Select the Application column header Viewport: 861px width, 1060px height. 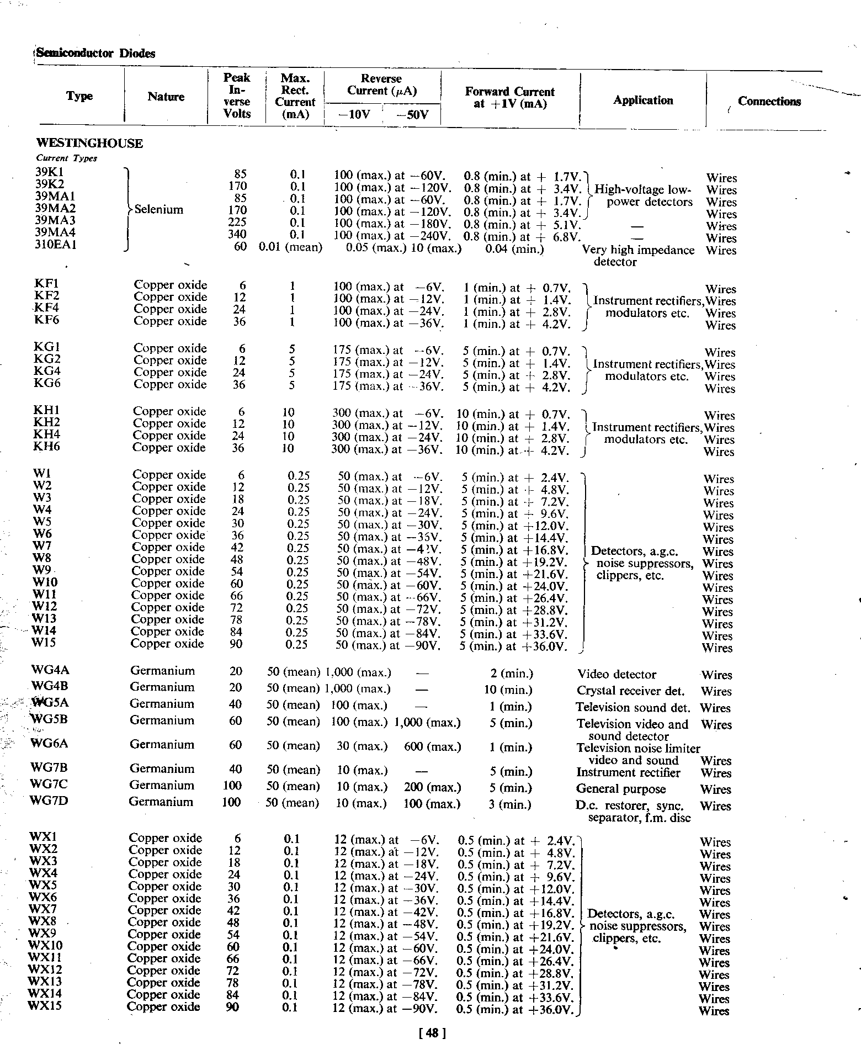coord(643,100)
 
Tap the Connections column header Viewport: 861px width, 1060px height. coord(769,102)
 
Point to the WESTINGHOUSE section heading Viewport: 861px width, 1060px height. coord(89,144)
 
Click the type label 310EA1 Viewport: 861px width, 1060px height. coord(56,245)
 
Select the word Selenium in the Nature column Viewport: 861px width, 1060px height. coord(159,210)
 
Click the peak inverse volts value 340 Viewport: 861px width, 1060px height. coord(237,234)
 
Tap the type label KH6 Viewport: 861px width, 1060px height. coord(46,447)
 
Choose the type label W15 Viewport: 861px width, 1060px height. coord(44,643)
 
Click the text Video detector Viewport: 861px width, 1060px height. coord(616,675)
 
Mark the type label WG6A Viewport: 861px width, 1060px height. coord(50,744)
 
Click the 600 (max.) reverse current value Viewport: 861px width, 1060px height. coord(432,747)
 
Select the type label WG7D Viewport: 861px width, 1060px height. coord(49,801)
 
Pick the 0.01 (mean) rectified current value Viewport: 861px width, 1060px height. coord(290,247)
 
